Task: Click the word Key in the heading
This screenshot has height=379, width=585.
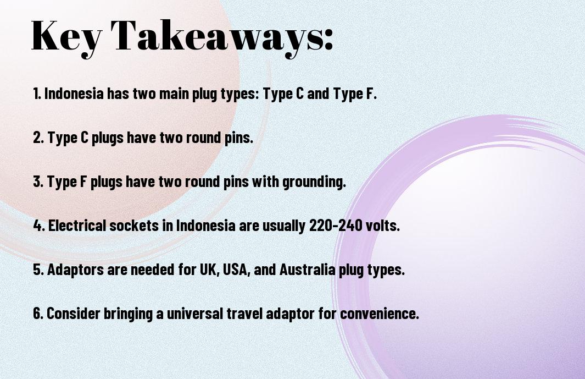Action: click(x=66, y=37)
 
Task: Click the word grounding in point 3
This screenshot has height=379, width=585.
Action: click(x=314, y=183)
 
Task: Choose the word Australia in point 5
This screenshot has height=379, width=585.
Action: click(x=307, y=270)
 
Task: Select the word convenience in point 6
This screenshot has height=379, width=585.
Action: click(x=380, y=314)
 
